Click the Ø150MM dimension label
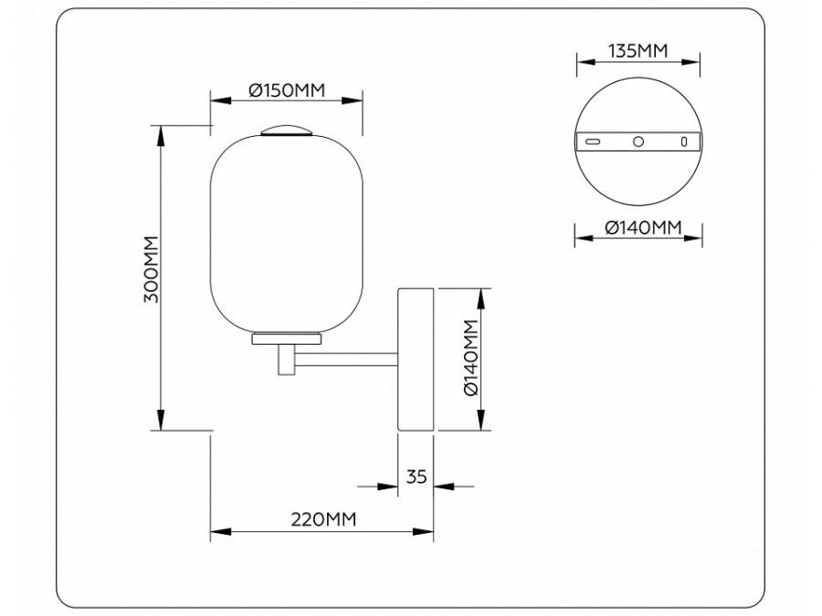point(288,90)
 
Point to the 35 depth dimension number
point(416,475)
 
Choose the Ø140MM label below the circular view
point(638,228)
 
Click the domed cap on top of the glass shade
point(287,129)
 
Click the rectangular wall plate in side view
point(416,359)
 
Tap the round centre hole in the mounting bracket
point(638,141)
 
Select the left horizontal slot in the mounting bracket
point(594,141)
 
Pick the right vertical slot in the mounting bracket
point(682,141)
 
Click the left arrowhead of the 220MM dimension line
point(217,530)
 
